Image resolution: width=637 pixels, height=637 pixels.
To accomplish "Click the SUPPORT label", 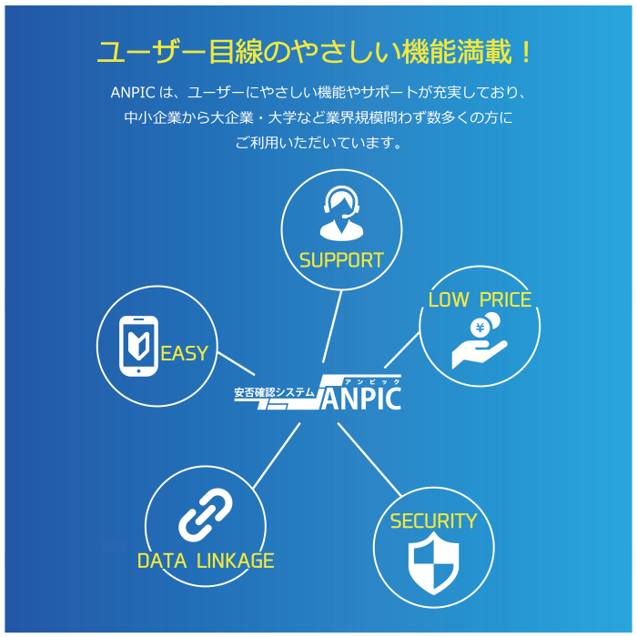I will click(341, 260).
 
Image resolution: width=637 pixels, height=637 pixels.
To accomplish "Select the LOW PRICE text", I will click(480, 300).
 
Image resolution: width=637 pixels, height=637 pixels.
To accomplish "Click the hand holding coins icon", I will click(479, 341).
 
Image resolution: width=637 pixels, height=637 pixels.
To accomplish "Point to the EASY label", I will click(184, 354).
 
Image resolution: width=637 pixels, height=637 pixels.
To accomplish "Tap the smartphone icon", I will click(139, 346).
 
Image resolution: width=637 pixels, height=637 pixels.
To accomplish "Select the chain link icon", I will click(206, 515).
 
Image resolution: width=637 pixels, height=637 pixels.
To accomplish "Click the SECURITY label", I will click(433, 521).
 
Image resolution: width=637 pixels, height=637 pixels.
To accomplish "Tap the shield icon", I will click(433, 562).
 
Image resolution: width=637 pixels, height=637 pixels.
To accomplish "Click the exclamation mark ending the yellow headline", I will click(526, 52).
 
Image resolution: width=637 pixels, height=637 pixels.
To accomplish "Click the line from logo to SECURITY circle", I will click(369, 459).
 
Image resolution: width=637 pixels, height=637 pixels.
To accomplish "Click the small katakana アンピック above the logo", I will click(372, 380).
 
